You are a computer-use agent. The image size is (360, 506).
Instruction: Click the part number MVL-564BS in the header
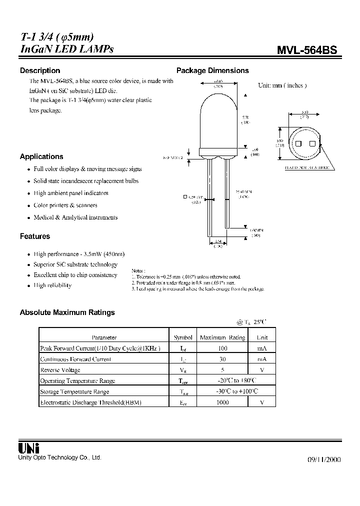pyautogui.click(x=307, y=50)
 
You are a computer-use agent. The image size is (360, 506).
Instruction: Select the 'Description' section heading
pyautogui.click(x=40, y=70)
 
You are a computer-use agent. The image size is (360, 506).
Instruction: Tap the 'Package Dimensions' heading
pyautogui.click(x=212, y=70)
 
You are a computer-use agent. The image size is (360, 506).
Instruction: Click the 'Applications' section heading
pyautogui.click(x=41, y=156)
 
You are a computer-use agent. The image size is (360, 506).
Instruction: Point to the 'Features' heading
pyautogui.click(x=35, y=236)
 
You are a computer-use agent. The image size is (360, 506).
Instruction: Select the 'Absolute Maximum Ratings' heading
pyautogui.click(x=67, y=312)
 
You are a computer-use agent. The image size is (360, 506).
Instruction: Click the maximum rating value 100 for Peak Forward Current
pyautogui.click(x=222, y=348)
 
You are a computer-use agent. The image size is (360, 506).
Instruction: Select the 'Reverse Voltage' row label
pyautogui.click(x=60, y=370)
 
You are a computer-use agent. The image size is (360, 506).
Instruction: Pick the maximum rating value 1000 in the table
pyautogui.click(x=222, y=402)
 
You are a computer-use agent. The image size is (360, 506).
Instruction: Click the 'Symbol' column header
pyautogui.click(x=183, y=337)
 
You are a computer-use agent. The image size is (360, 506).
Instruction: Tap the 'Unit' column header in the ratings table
pyautogui.click(x=262, y=337)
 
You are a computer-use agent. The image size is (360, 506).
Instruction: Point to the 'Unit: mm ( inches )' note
pyautogui.click(x=282, y=85)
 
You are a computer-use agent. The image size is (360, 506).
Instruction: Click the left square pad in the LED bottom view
pyautogui.click(x=298, y=143)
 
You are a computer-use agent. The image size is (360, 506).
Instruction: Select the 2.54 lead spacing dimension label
pyautogui.click(x=218, y=240)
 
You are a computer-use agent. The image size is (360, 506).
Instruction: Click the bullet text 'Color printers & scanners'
pyautogui.click(x=65, y=205)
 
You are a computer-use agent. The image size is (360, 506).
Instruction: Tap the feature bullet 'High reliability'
pyautogui.click(x=52, y=285)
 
